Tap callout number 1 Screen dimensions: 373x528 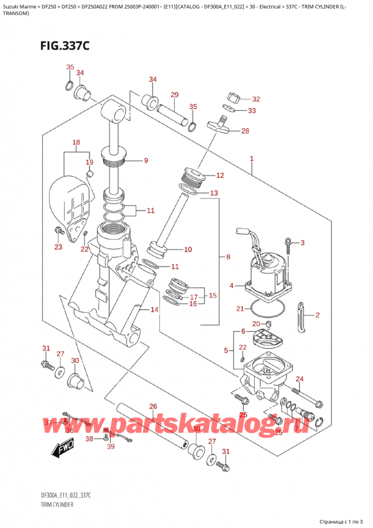(252, 159)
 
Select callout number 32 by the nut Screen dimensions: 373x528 (256, 99)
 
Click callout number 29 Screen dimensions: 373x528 (175, 95)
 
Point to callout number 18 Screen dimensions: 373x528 (76, 143)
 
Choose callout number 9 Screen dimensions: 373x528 (145, 161)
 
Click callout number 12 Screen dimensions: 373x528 (219, 176)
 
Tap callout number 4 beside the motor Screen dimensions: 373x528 (231, 286)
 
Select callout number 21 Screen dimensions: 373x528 (240, 309)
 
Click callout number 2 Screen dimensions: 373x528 (317, 315)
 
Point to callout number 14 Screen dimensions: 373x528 (155, 309)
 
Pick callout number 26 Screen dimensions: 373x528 (153, 407)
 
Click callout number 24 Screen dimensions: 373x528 (300, 379)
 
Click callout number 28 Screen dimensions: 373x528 (245, 131)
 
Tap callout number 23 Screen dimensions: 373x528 (58, 247)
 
